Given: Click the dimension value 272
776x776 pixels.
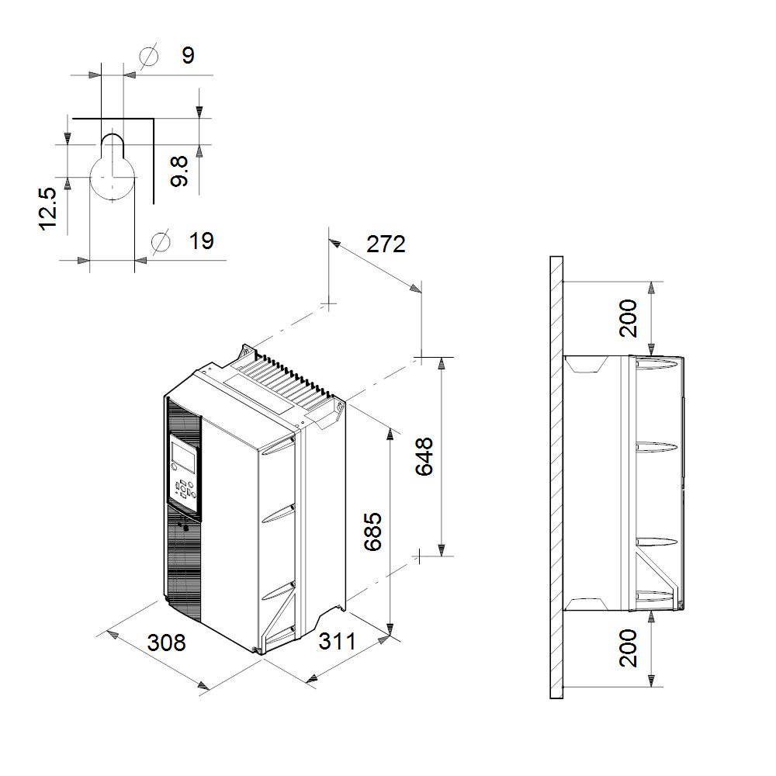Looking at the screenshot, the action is (386, 244).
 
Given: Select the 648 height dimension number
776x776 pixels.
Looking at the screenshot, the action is (424, 456).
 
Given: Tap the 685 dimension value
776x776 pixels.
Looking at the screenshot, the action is (372, 532).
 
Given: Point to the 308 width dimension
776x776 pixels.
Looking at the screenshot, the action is (166, 643).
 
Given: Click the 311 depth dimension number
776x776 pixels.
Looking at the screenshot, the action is (337, 642).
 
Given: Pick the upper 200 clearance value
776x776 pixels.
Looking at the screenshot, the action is (628, 318).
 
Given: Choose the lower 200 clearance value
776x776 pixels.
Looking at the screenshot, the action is (628, 648).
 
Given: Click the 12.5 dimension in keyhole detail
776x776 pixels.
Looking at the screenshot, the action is (48, 209).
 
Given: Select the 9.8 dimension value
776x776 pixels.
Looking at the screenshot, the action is (178, 171).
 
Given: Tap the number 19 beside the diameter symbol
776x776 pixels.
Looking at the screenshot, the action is (202, 241).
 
